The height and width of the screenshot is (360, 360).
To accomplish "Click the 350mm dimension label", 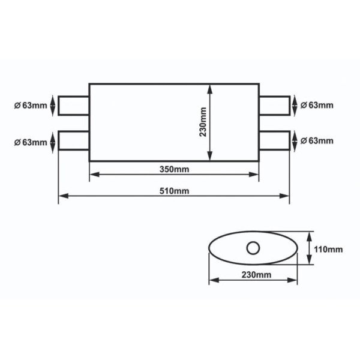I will tap(175, 169).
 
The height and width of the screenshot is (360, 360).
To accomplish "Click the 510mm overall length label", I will tap(175, 191).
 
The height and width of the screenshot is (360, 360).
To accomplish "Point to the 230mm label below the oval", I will tap(253, 274).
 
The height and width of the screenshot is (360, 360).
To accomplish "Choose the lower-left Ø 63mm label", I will tap(29, 142).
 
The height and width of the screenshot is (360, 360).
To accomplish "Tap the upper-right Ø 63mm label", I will tap(316, 105).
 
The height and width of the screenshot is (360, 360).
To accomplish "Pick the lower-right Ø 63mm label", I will tap(316, 140).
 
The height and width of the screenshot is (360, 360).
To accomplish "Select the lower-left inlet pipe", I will tap(74, 140).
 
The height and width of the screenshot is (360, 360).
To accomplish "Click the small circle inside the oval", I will tap(253, 247).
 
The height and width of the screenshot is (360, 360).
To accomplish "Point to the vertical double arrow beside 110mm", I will tap(310, 248).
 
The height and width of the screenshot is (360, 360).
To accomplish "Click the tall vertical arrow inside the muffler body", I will tap(210, 122).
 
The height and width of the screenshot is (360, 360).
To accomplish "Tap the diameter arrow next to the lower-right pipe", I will tap(295, 140).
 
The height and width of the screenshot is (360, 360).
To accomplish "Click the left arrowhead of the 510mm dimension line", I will tap(62, 196).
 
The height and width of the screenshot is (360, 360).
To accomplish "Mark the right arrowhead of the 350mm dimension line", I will tap(255, 175).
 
